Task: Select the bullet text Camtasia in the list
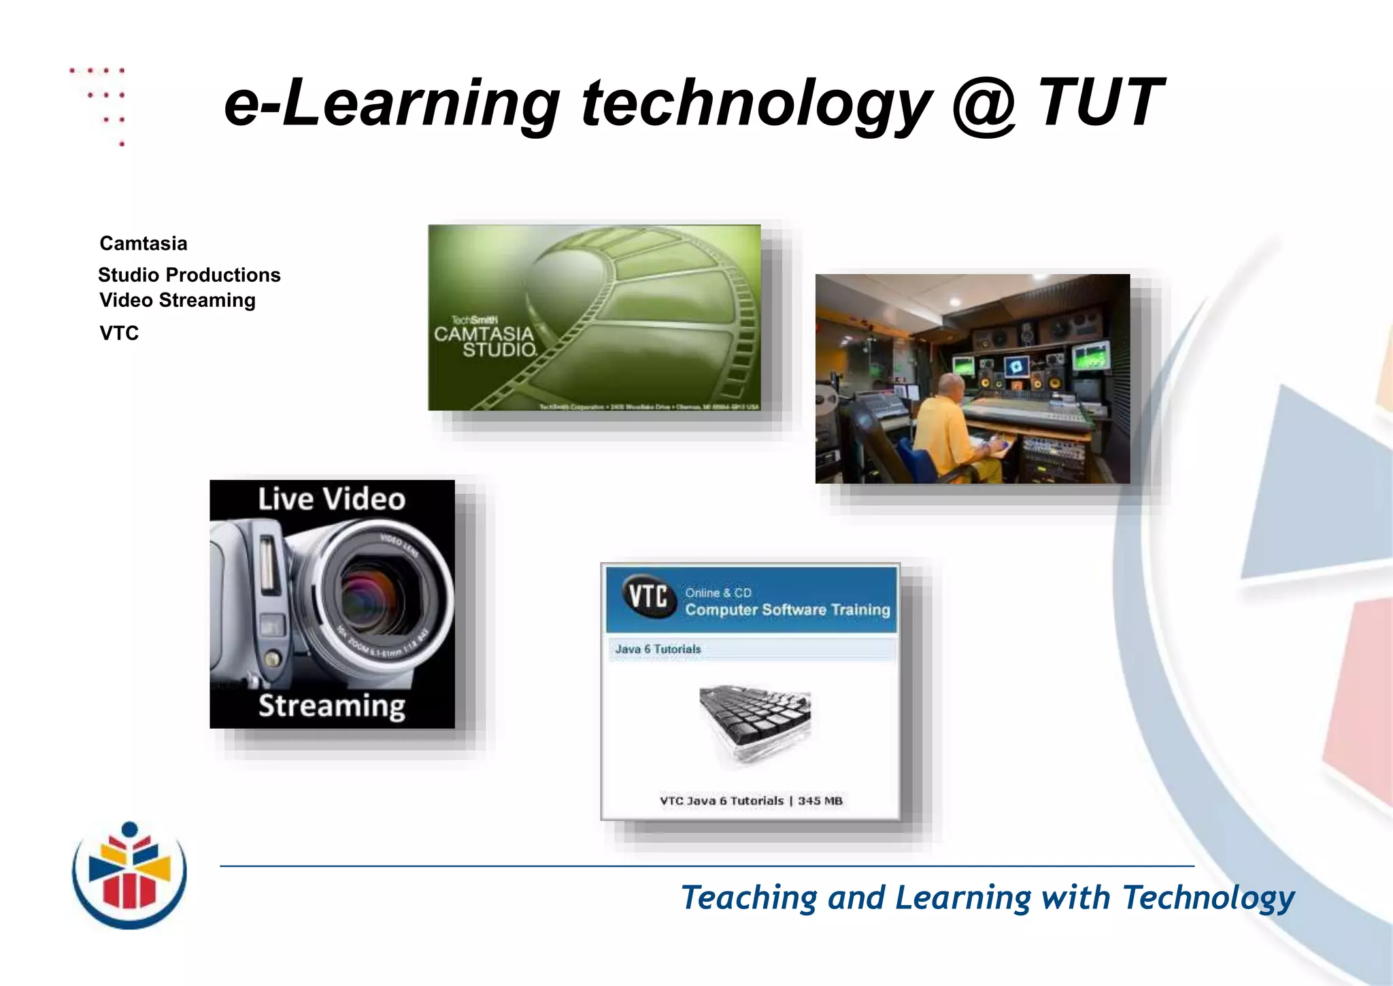pyautogui.click(x=143, y=243)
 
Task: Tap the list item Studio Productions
pyautogui.click(x=189, y=274)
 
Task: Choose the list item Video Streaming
pyautogui.click(x=177, y=300)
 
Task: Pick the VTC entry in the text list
pyautogui.click(x=119, y=333)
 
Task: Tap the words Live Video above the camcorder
pyautogui.click(x=331, y=499)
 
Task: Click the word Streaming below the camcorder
pyautogui.click(x=331, y=706)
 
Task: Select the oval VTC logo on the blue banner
pyautogui.click(x=647, y=597)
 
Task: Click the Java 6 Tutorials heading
pyautogui.click(x=658, y=649)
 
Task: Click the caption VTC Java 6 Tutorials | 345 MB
pyautogui.click(x=751, y=801)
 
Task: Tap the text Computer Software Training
pyautogui.click(x=787, y=610)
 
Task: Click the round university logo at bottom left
pyautogui.click(x=129, y=875)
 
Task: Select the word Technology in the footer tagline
pyautogui.click(x=1208, y=898)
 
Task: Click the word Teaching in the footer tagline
pyautogui.click(x=749, y=898)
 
